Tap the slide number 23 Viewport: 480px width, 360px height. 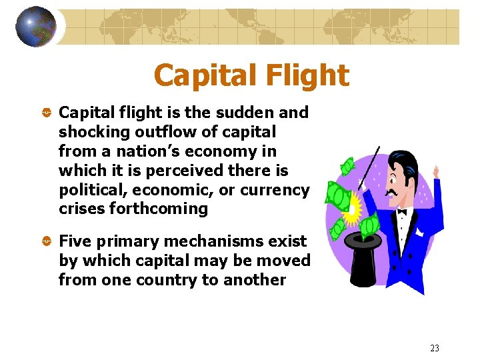click(435, 348)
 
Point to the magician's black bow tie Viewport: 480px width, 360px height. click(401, 212)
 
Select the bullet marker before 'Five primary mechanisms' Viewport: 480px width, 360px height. click(47, 241)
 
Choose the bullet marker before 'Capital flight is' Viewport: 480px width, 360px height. click(47, 113)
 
